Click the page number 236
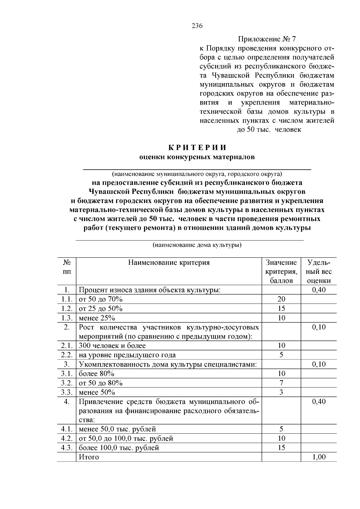pyautogui.click(x=197, y=26)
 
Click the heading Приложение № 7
pyautogui.click(x=267, y=39)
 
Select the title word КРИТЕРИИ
pyautogui.click(x=197, y=148)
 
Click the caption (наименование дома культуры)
pyautogui.click(x=197, y=245)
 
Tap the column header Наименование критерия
pyautogui.click(x=169, y=263)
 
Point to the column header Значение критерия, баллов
pyautogui.click(x=281, y=271)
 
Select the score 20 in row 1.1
pyautogui.click(x=281, y=299)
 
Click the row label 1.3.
pyautogui.click(x=67, y=318)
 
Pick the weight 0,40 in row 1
pyautogui.click(x=319, y=290)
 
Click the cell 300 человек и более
pyautogui.click(x=112, y=346)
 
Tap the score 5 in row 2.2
pyautogui.click(x=281, y=355)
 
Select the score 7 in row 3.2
pyautogui.click(x=281, y=383)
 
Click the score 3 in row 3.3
pyautogui.click(x=281, y=392)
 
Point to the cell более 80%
pyautogui.click(x=96, y=374)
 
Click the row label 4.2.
pyautogui.click(x=67, y=439)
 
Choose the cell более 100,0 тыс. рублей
pyautogui.click(x=119, y=448)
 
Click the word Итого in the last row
pyautogui.click(x=88, y=457)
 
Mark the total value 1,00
pyautogui.click(x=319, y=457)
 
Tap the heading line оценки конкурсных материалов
pyautogui.click(x=197, y=157)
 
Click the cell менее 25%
pyautogui.click(x=97, y=318)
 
